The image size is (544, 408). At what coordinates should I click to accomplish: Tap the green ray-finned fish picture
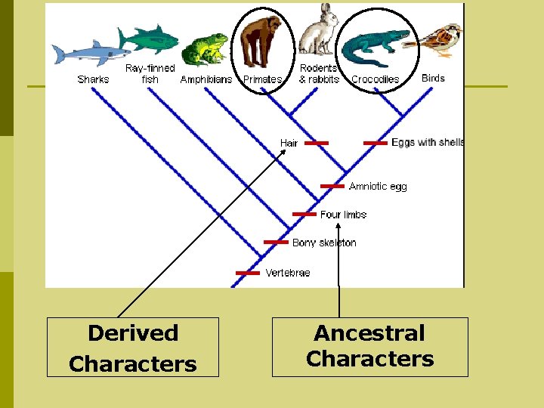[149, 39]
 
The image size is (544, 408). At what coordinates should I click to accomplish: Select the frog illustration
[205, 50]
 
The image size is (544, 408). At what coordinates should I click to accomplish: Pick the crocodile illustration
[376, 47]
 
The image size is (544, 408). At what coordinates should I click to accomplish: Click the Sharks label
[93, 79]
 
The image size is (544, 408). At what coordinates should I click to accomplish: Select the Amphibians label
[206, 79]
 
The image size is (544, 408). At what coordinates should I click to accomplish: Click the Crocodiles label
[375, 79]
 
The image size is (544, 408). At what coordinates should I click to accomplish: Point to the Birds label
[433, 78]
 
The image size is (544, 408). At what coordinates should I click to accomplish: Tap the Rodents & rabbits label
[319, 74]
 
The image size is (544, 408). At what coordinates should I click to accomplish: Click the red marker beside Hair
[317, 143]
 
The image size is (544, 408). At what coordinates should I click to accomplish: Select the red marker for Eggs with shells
[376, 143]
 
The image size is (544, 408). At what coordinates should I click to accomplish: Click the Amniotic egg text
[378, 186]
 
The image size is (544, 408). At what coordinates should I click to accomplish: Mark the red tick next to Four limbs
[304, 214]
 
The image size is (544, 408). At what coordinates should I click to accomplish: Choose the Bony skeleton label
[324, 243]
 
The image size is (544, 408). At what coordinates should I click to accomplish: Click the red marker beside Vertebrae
[248, 272]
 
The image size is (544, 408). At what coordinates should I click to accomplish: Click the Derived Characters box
[133, 348]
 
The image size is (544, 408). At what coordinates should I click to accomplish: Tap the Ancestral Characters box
[370, 347]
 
